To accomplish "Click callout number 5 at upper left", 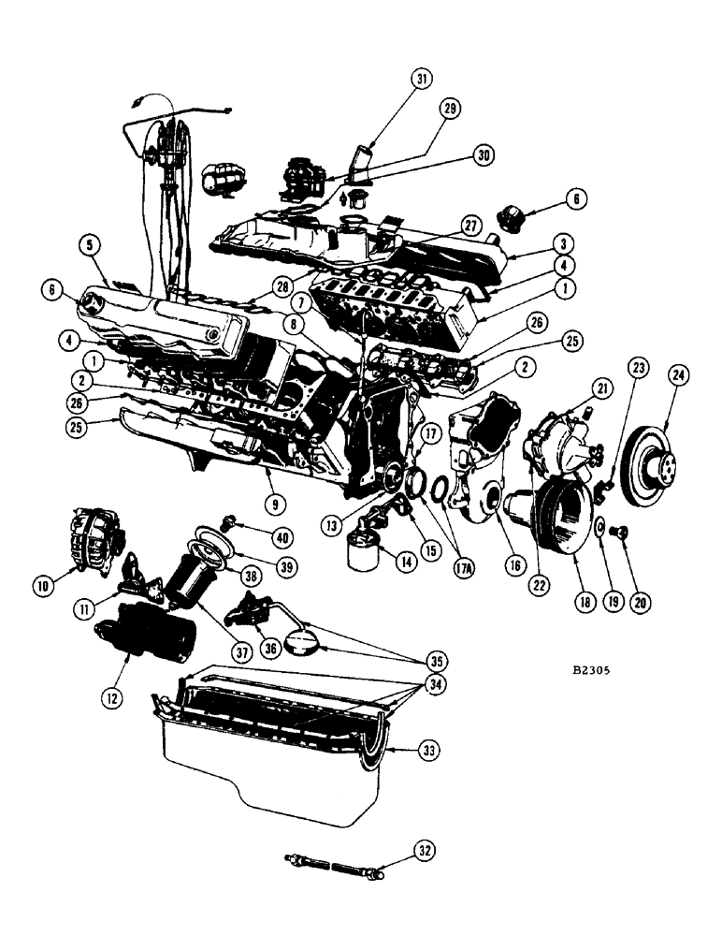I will (89, 245).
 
